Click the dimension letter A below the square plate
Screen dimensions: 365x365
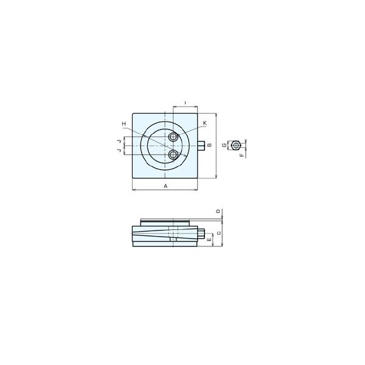(165, 186)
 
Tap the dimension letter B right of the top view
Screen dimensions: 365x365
(209, 145)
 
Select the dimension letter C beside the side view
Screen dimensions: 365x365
(218, 233)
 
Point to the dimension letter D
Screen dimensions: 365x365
(218, 211)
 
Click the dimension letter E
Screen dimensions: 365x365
(209, 240)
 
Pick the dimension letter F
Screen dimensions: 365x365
(242, 155)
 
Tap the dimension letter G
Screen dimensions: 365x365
(224, 145)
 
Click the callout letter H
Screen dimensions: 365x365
(124, 123)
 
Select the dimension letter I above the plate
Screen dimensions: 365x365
(185, 102)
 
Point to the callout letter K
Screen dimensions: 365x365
(204, 123)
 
